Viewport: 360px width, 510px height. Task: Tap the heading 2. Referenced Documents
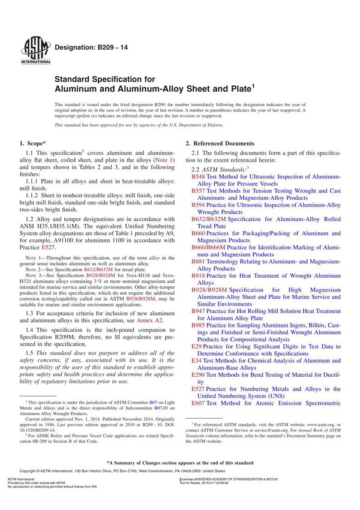pos(220,143)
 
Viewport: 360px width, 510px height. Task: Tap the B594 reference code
pos(199,205)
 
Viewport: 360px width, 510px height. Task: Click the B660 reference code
pos(199,232)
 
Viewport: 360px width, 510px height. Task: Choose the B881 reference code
pos(199,262)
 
